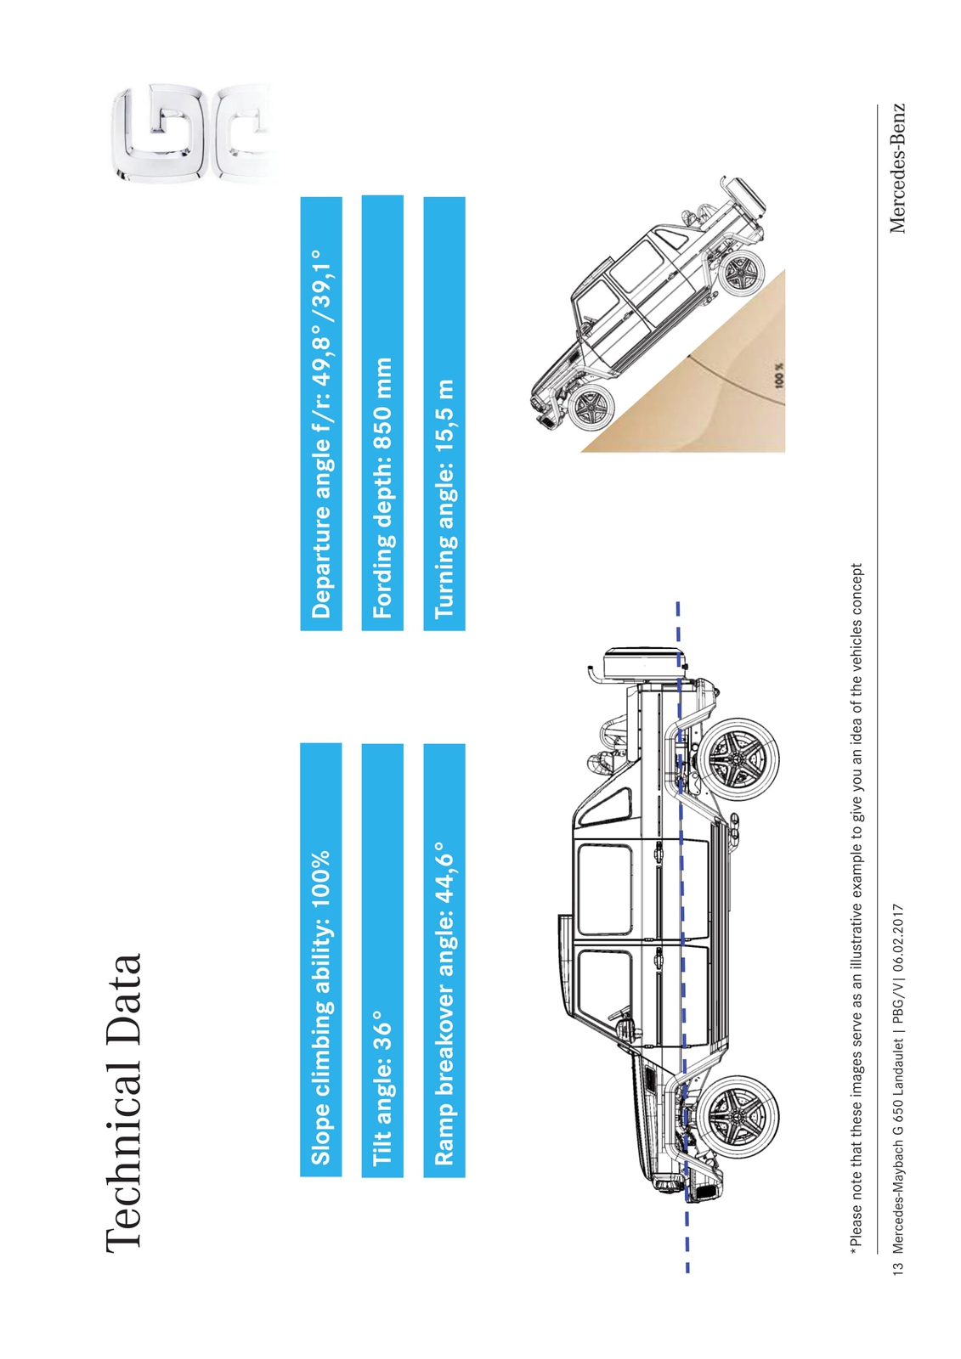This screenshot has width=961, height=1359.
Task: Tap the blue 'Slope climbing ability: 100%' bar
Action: [x=320, y=961]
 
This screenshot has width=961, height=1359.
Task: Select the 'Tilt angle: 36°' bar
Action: [x=382, y=961]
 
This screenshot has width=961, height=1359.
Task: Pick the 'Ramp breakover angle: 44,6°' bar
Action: [x=444, y=961]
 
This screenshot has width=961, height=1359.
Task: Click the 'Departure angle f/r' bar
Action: [x=321, y=414]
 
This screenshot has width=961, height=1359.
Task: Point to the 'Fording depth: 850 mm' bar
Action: [x=382, y=414]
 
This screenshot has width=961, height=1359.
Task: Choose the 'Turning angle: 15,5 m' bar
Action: [x=444, y=414]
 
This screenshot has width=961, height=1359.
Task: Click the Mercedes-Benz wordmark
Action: [x=896, y=168]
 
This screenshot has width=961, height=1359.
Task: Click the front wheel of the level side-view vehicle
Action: [x=738, y=1115]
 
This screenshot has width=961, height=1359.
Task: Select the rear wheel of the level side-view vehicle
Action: [x=738, y=759]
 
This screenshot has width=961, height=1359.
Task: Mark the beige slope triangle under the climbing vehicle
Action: [x=716, y=388]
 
